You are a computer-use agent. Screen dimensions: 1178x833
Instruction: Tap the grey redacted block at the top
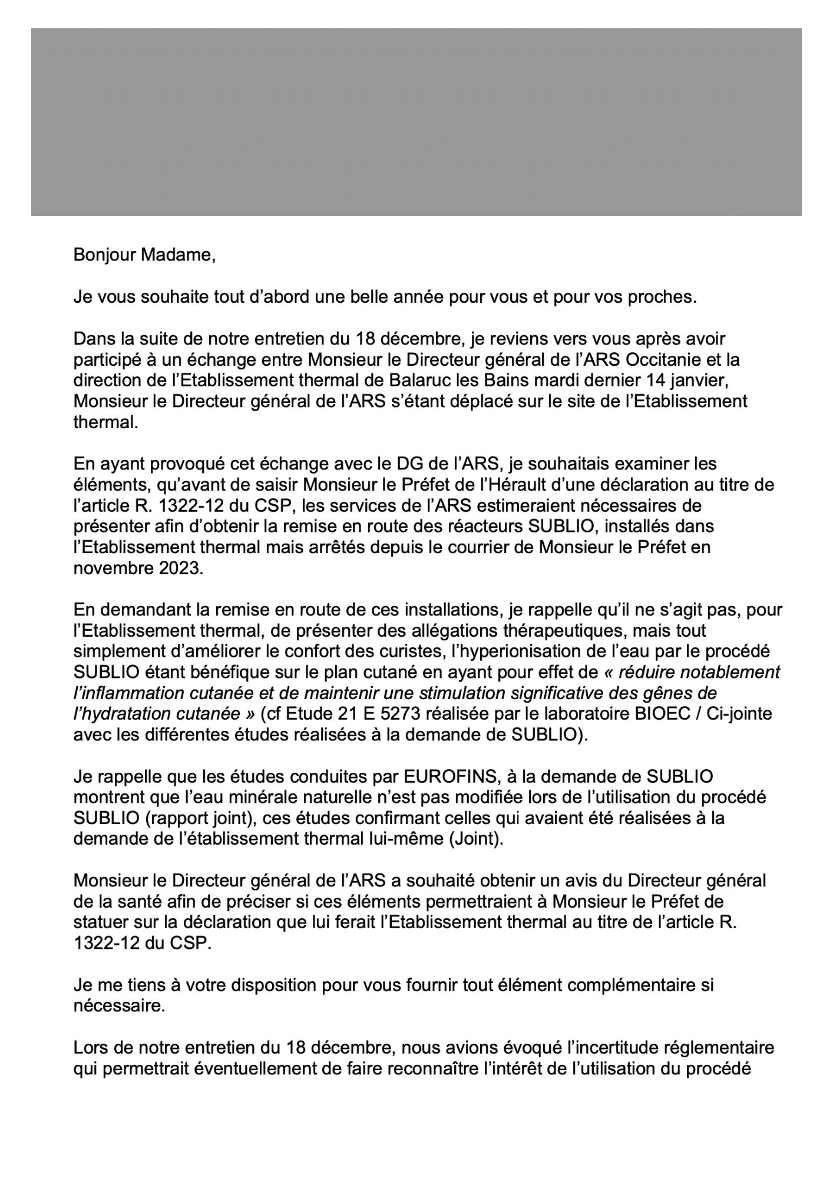pos(416,122)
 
